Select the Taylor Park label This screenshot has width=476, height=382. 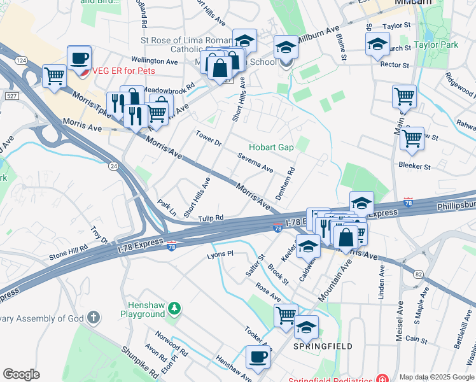435,45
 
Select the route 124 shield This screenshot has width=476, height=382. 21,60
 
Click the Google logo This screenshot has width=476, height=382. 21,374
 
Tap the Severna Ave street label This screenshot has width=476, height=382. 255,163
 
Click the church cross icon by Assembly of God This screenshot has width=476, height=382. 94,316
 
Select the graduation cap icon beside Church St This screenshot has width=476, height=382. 377,45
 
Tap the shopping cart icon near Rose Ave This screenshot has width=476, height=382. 286,315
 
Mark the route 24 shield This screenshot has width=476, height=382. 113,166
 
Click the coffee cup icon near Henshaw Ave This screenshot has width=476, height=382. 258,357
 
